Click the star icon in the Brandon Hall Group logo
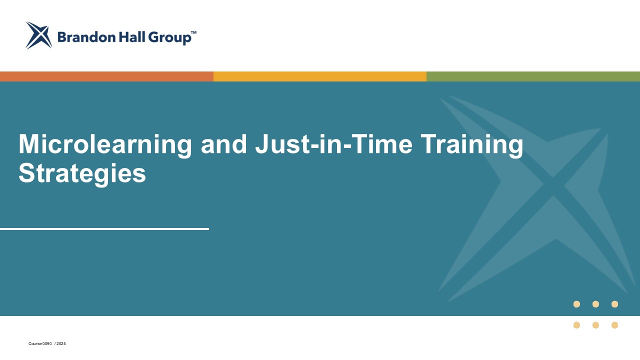click(x=39, y=35)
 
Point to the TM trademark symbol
click(x=193, y=32)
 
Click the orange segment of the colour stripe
click(x=106, y=76)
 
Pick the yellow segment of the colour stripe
click(x=320, y=76)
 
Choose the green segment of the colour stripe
click(x=533, y=76)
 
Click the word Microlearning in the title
click(x=105, y=145)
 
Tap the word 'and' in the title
click(x=223, y=144)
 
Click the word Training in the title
click(x=472, y=145)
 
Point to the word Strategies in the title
click(x=82, y=173)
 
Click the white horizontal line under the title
click(x=104, y=229)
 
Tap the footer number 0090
click(x=47, y=343)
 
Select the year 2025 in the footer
click(x=61, y=343)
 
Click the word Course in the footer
click(x=35, y=343)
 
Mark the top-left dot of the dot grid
click(x=576, y=304)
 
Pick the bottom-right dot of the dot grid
click(x=614, y=325)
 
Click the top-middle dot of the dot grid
click(x=595, y=304)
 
